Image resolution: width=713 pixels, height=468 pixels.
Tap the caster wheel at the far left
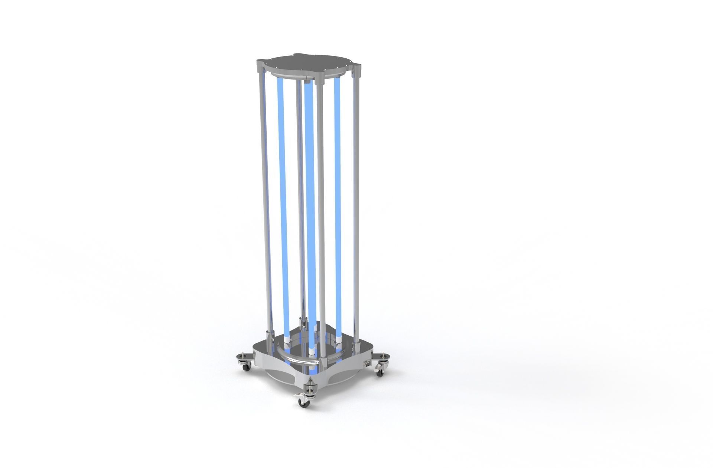point(245,367)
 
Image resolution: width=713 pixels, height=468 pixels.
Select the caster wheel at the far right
point(379,372)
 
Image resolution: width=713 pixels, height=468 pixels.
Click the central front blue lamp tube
point(310,208)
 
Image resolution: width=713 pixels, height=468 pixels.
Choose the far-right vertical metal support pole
point(356,201)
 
